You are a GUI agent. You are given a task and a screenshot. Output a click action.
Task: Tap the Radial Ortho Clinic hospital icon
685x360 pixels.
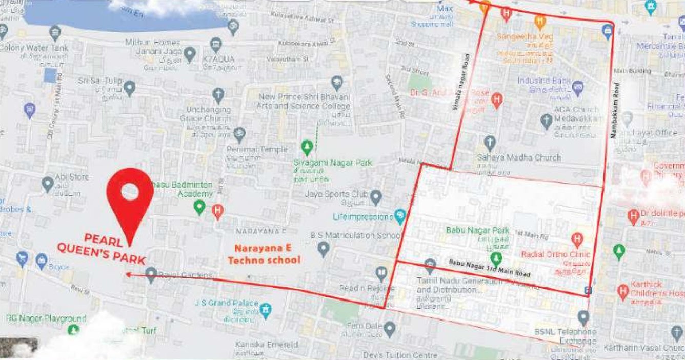coord(577,238)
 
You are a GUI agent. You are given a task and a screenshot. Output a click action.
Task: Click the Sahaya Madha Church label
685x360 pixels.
coord(519,157)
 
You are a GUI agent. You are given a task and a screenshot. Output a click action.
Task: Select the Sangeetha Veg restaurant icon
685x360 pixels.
coord(539,22)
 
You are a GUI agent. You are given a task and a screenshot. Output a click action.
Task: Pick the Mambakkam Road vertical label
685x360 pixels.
coord(616,110)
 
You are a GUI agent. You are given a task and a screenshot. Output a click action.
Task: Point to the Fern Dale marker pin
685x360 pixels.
coord(390,327)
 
